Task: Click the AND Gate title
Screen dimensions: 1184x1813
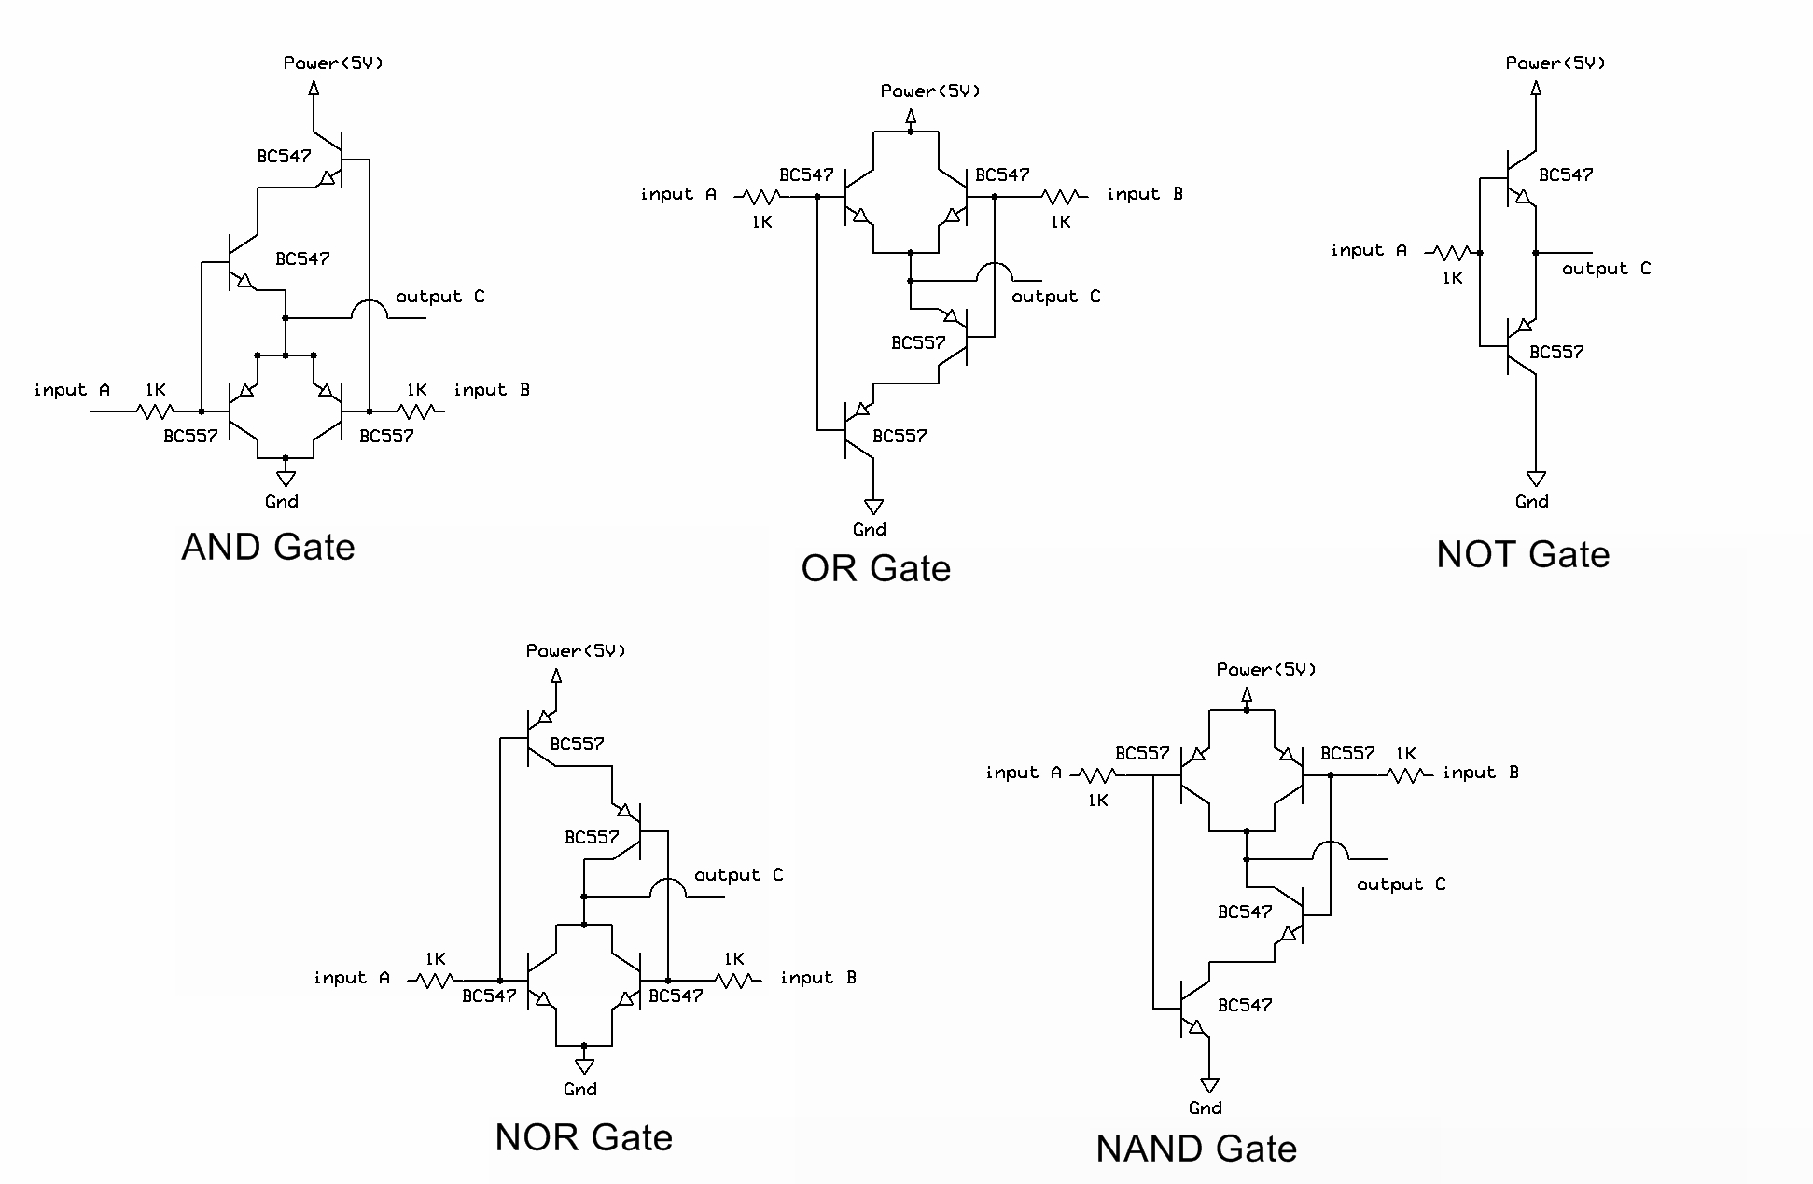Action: [268, 547]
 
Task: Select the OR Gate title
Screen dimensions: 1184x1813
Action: [875, 568]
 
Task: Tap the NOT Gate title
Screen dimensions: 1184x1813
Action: [1523, 554]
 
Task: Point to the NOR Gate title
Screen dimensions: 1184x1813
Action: [583, 1137]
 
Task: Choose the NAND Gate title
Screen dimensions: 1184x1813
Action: [1196, 1149]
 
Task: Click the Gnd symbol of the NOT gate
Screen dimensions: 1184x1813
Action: [1536, 479]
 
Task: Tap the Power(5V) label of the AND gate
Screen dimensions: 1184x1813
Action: [333, 63]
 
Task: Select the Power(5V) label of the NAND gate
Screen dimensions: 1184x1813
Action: [1266, 669]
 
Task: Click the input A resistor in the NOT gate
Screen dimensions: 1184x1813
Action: [1452, 253]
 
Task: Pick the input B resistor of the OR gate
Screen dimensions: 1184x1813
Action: [1061, 197]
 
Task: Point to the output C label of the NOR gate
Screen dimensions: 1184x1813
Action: [738, 875]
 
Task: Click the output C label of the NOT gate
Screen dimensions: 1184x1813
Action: [1606, 269]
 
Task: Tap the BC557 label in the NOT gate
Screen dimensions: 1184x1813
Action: [1556, 352]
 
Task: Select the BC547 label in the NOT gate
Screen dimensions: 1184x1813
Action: [1566, 174]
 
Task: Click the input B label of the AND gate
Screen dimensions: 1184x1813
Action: [492, 390]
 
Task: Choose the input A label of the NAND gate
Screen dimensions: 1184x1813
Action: [1024, 773]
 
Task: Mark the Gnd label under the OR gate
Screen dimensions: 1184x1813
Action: [870, 529]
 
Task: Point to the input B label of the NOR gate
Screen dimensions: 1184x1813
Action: [818, 978]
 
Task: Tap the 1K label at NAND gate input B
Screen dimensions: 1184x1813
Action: [1406, 754]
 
